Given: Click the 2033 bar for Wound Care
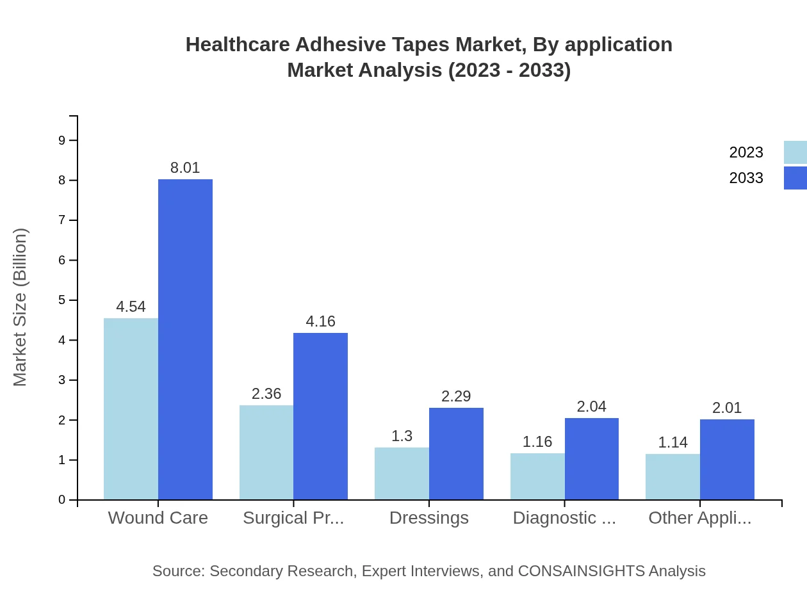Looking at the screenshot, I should coord(185,339).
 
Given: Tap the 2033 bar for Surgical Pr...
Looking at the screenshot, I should coord(320,416).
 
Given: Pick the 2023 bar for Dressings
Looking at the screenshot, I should coord(402,473).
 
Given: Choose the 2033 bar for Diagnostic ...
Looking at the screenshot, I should coord(591,458).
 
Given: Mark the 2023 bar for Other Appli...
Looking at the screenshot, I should coord(672,476).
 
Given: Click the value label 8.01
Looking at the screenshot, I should coord(185,168).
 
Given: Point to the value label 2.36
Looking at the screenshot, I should coord(266,394).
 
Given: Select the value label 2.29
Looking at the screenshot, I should coord(456,396).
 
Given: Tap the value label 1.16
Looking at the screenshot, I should coord(537,442).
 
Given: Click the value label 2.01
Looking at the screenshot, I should coord(727,408).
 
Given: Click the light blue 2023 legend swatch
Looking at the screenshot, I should coord(795,152).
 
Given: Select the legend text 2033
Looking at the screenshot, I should coord(746,178).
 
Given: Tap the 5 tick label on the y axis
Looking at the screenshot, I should coord(62,300).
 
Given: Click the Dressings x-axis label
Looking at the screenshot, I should coord(429,518).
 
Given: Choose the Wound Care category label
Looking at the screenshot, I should coord(158,518).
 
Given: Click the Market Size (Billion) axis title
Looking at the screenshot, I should coord(20,307).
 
